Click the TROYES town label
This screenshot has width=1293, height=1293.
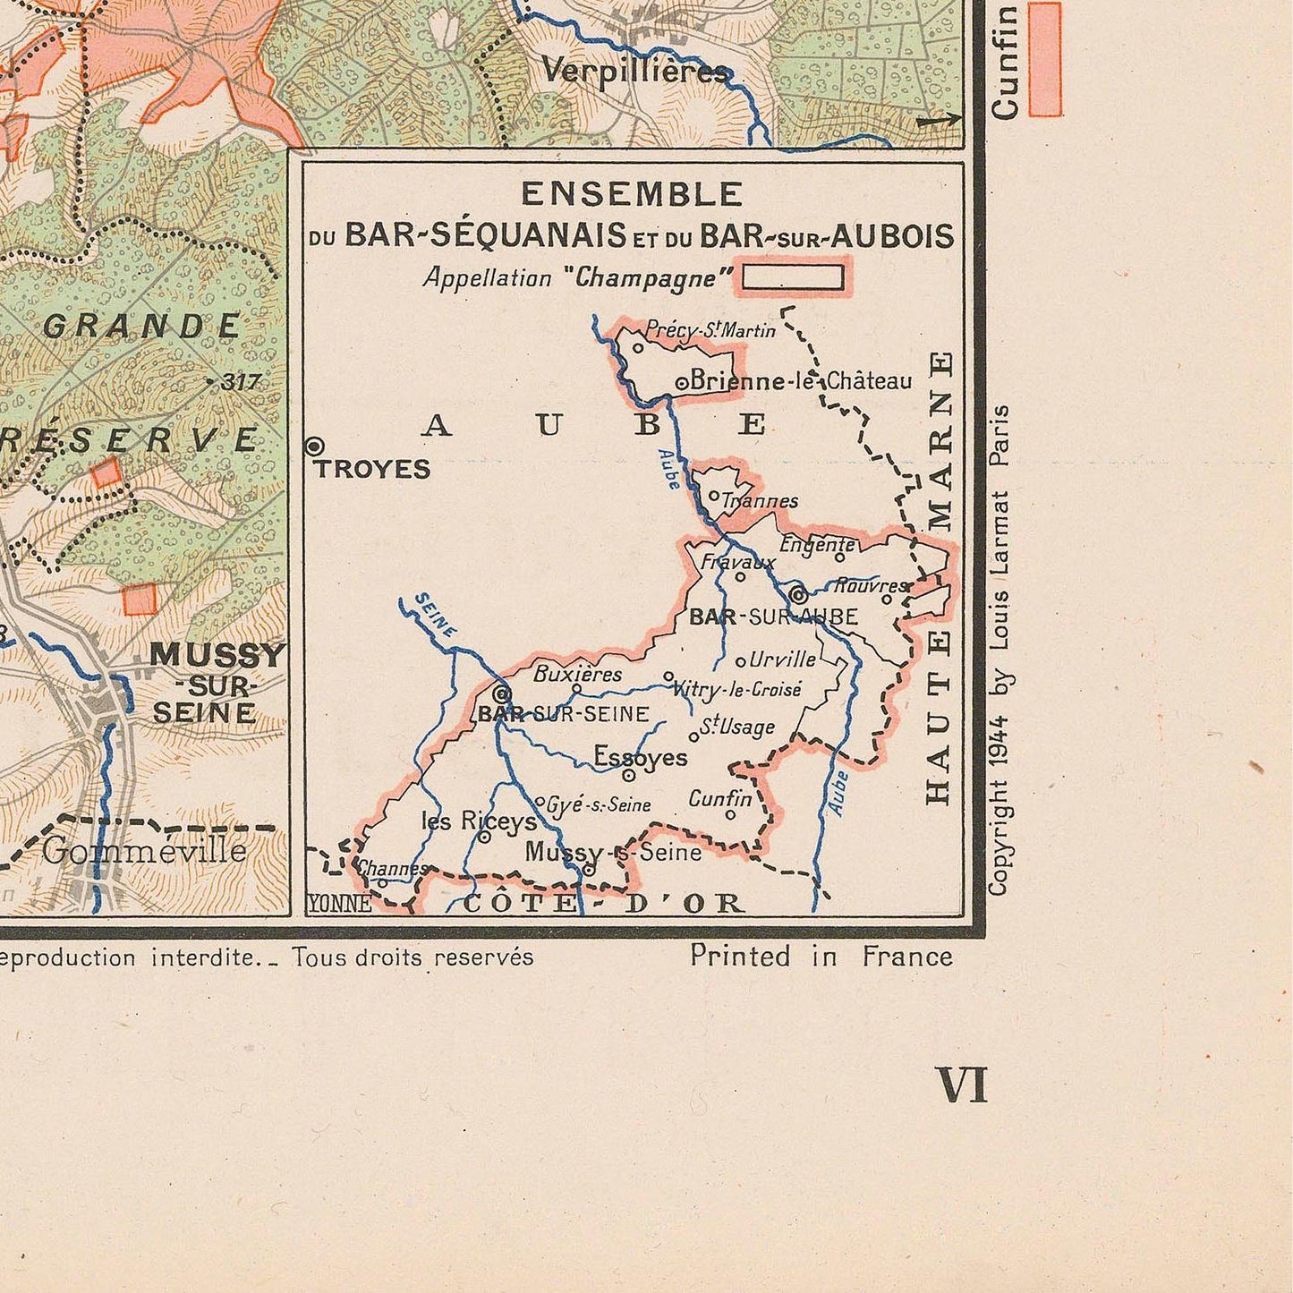tap(372, 470)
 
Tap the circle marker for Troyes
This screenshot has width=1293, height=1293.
tap(315, 446)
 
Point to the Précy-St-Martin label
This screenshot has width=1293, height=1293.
tap(710, 331)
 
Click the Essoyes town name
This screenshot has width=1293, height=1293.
tap(641, 758)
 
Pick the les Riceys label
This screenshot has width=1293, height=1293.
tap(479, 821)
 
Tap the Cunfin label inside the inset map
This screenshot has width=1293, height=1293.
tap(720, 797)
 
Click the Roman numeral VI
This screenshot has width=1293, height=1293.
tap(961, 1085)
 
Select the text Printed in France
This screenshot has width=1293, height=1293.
tap(821, 957)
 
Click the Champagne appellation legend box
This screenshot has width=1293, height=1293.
tap(793, 277)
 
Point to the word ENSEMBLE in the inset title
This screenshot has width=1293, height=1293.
tap(632, 194)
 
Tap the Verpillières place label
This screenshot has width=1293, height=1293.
tap(635, 71)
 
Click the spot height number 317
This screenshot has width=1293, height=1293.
tap(240, 382)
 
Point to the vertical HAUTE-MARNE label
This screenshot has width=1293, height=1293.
tap(938, 577)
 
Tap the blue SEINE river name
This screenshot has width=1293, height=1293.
tap(436, 616)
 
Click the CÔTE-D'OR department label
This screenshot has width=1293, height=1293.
tap(604, 903)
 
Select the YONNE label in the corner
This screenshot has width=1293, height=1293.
tap(339, 904)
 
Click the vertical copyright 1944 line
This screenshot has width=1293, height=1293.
tap(999, 649)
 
